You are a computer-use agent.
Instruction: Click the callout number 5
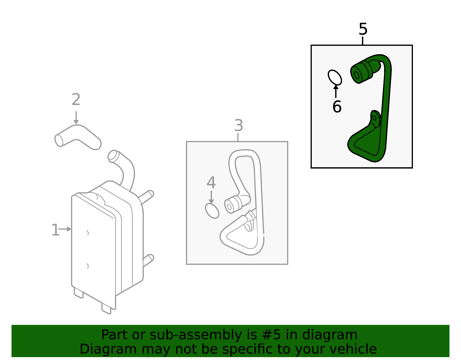[x=363, y=29]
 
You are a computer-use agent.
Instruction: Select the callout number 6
[x=337, y=106]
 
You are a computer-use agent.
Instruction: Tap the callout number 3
[x=239, y=125]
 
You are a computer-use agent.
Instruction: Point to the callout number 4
[x=211, y=182]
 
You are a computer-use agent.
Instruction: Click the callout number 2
[x=76, y=99]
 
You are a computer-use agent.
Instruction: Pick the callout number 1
[x=55, y=230]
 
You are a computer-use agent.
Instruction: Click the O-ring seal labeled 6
[x=335, y=78]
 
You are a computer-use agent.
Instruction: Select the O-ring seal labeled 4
[x=212, y=211]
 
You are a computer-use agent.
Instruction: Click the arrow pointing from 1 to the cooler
[x=65, y=229]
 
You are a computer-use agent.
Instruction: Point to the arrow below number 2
[x=76, y=118]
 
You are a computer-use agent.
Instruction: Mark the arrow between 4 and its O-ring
[x=211, y=197]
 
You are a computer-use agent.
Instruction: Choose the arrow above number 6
[x=336, y=91]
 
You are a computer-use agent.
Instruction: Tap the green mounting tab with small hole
[x=375, y=118]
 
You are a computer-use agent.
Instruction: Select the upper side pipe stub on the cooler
[x=146, y=197]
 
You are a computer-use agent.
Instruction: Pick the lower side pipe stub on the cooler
[x=148, y=260]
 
